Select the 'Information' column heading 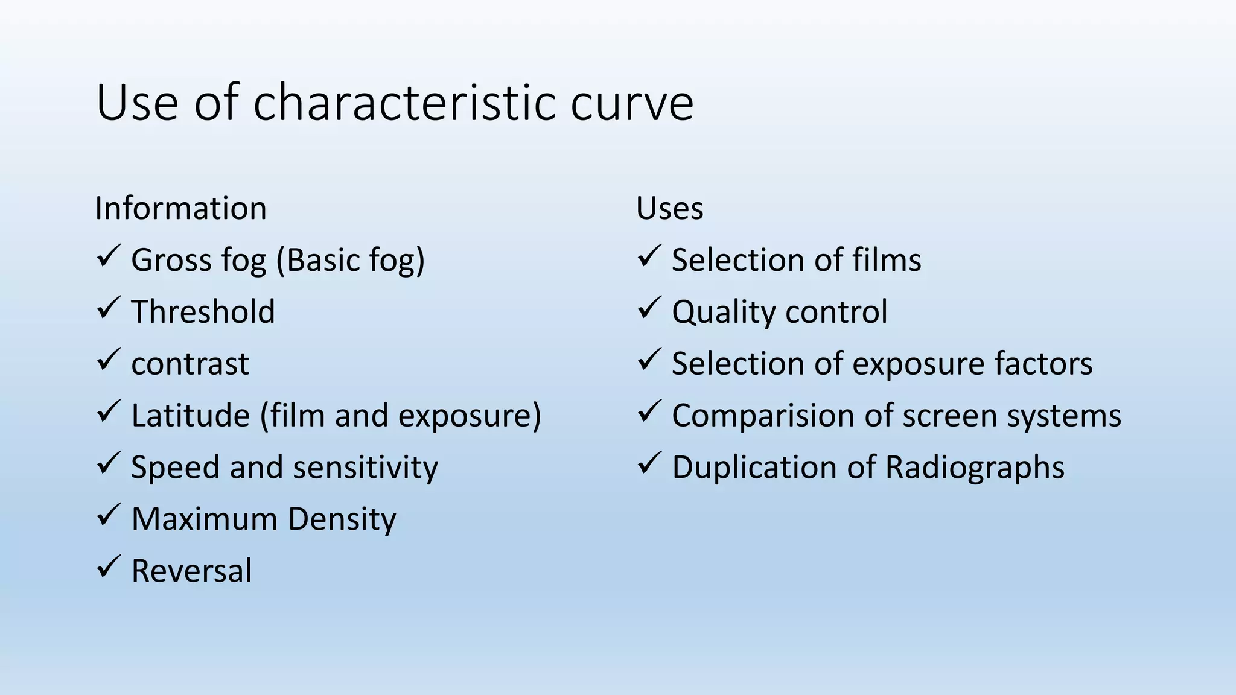[180, 209]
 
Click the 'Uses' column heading [669, 209]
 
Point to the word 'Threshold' [203, 312]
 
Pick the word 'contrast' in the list [190, 364]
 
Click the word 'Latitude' [190, 416]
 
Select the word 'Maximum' [205, 519]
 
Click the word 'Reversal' [191, 571]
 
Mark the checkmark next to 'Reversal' [109, 567]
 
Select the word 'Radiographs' [975, 468]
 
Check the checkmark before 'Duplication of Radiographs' [649, 463]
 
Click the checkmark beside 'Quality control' [649, 308]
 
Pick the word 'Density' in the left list [342, 519]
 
